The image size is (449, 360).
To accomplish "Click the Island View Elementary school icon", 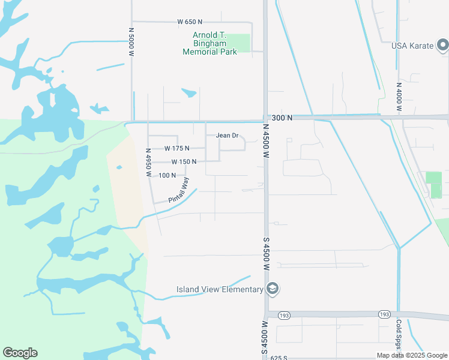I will (273, 289).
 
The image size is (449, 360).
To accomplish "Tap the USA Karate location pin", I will (442, 44).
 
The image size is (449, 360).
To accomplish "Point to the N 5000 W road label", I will (130, 41).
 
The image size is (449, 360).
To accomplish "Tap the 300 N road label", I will (282, 118).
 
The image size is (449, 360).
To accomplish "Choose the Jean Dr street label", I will (227, 136).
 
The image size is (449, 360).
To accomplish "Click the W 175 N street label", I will (176, 148).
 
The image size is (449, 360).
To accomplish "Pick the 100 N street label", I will (167, 175).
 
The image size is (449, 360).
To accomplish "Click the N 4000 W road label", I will (398, 96).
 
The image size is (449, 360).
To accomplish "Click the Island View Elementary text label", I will (220, 289).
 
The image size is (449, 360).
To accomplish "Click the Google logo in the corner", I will (20, 353).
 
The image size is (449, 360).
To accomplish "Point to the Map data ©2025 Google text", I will (411, 355).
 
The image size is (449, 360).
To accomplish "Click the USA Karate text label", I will (412, 46).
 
